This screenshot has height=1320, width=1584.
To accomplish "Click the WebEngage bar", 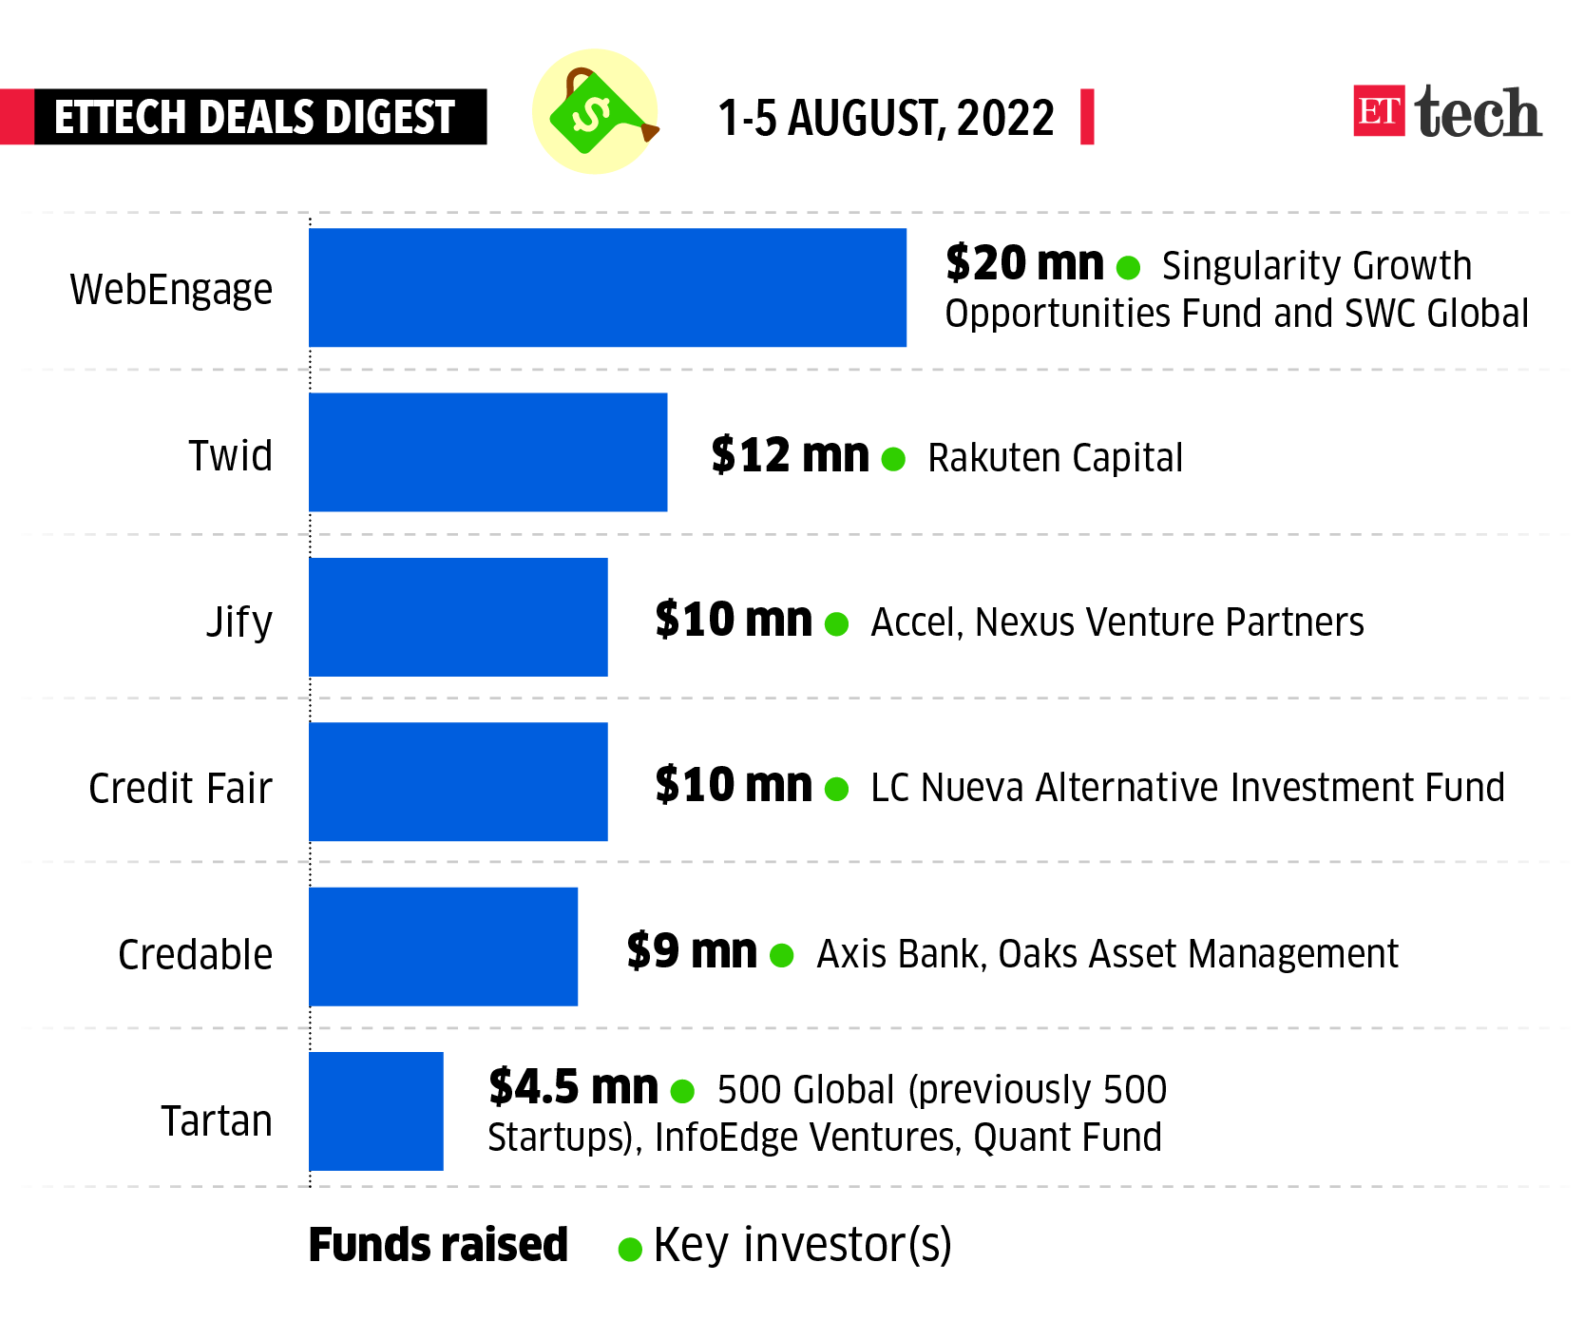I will (x=607, y=287).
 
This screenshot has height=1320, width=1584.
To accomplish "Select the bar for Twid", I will (x=487, y=452).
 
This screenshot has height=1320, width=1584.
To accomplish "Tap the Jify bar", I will (x=458, y=617).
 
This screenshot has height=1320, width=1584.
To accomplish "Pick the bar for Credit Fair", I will (x=458, y=781).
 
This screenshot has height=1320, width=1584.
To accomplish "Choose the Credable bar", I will (x=443, y=947).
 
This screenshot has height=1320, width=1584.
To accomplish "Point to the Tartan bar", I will (x=376, y=1111).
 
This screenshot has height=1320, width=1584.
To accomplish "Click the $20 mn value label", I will (x=1024, y=263).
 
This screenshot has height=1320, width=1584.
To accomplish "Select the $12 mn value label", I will (x=790, y=455).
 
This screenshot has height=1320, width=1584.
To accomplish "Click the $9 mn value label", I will (x=692, y=950).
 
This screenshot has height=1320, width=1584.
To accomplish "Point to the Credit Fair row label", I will (x=181, y=788).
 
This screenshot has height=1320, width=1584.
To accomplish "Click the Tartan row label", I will (x=217, y=1120).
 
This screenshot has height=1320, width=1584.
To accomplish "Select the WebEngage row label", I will (x=171, y=289).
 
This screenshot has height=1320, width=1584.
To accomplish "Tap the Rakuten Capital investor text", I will (x=1055, y=458).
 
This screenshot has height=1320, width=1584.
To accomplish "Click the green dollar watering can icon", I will (x=595, y=111).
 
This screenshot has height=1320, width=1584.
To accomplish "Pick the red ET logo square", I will (x=1379, y=111).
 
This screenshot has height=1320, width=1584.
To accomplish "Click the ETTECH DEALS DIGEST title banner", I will (x=255, y=117).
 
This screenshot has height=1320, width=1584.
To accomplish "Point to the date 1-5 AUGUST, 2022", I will (x=886, y=118).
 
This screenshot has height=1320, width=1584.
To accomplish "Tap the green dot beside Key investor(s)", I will (x=629, y=1249).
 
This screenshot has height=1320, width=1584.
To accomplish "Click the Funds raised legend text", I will (x=438, y=1245).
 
